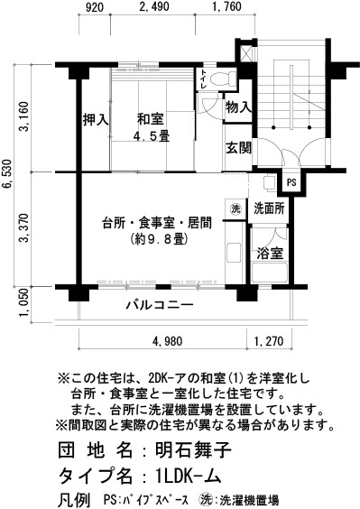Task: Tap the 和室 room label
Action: pyautogui.click(x=148, y=118)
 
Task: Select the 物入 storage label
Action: pyautogui.click(x=238, y=108)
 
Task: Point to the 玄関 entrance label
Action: pyautogui.click(x=238, y=147)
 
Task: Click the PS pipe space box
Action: pyautogui.click(x=291, y=182)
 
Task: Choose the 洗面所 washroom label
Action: pyautogui.click(x=270, y=208)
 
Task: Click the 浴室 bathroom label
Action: pyautogui.click(x=270, y=252)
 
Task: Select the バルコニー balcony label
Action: pyautogui.click(x=159, y=305)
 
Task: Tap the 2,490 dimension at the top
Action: pyautogui.click(x=155, y=9)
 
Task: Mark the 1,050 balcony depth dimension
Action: pyautogui.click(x=27, y=305)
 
